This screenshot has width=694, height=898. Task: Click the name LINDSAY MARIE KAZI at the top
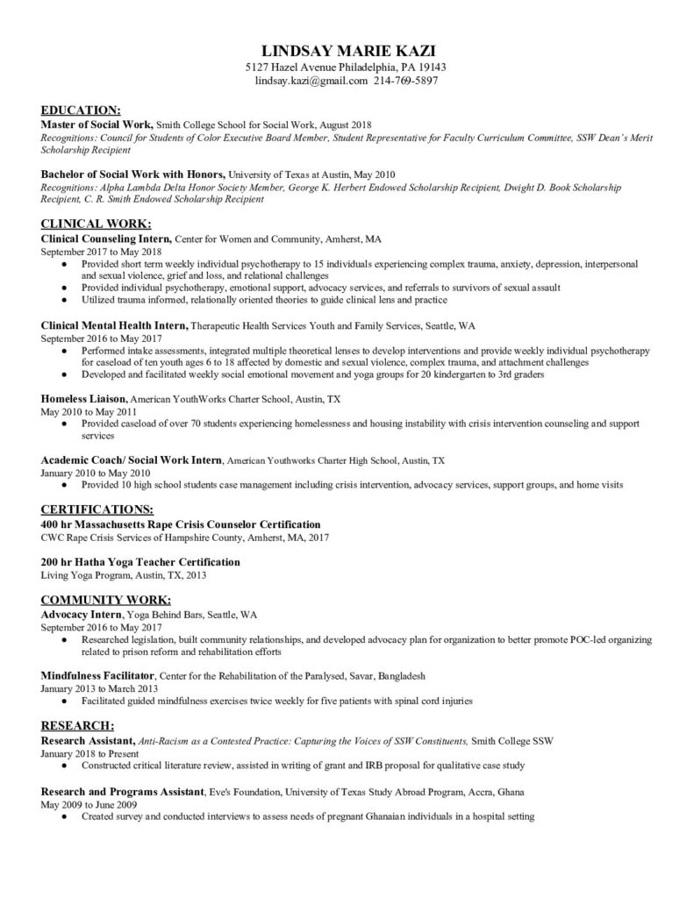[x=347, y=51]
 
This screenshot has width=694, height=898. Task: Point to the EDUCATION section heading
[x=82, y=110]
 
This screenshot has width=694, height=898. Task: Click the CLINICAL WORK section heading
[x=97, y=223]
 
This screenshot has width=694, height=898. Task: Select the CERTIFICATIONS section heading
[x=97, y=509]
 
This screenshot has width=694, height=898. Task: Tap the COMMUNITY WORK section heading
[x=106, y=600]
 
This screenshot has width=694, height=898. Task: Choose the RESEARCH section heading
[x=78, y=725]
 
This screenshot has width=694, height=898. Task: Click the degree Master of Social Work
[x=98, y=125]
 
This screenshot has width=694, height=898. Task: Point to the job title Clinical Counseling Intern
[x=106, y=239]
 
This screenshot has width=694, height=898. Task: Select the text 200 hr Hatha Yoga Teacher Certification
[x=140, y=561]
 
